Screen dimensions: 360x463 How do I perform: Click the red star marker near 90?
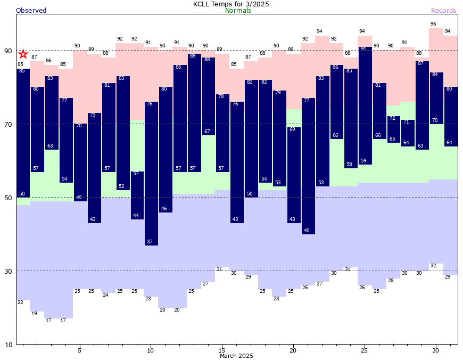[23, 54]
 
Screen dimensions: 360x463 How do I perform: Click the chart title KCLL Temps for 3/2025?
[231, 4]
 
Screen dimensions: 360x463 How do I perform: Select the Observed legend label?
[31, 11]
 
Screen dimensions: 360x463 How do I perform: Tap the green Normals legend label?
[238, 11]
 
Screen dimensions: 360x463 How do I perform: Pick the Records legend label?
[443, 11]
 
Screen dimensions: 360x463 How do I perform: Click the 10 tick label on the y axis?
[8, 345]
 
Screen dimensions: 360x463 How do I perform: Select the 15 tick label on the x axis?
[222, 350]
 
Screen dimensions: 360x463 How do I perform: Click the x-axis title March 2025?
[236, 356]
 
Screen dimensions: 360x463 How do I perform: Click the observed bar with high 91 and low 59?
[365, 106]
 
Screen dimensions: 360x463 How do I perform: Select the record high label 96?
[433, 24]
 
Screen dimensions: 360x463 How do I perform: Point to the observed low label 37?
[150, 242]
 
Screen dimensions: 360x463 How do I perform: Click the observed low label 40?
[307, 231]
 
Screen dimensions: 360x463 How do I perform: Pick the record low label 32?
[433, 266]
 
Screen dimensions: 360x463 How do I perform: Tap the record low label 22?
[20, 302]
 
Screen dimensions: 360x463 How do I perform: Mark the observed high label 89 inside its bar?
[193, 56]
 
